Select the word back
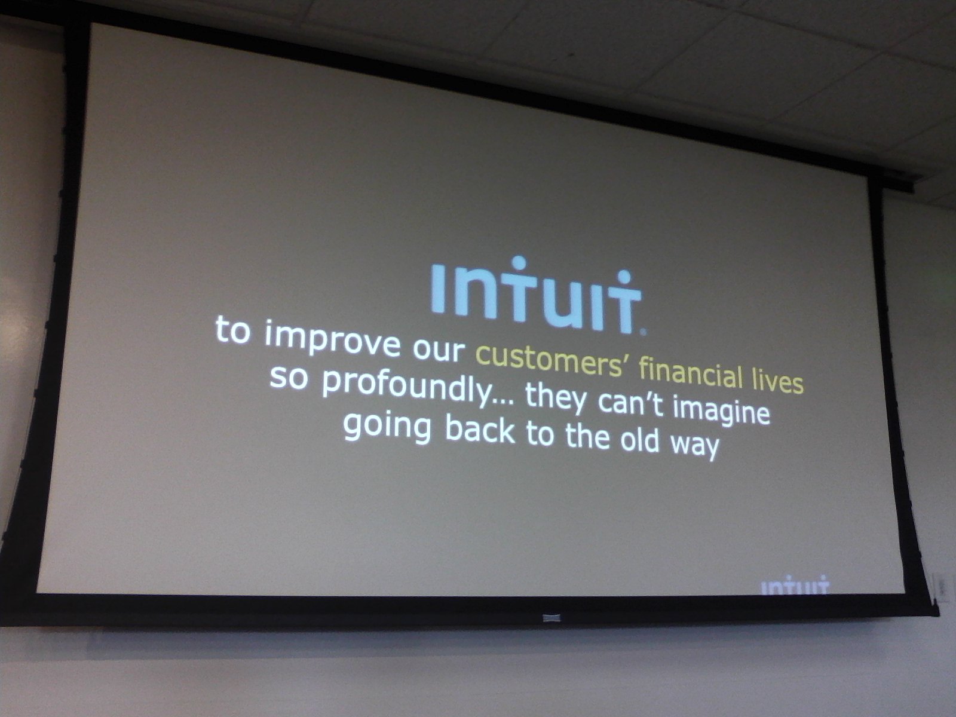(480, 429)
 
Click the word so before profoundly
(289, 378)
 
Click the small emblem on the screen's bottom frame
(551, 618)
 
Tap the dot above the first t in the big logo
(518, 263)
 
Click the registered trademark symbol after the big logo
(643, 332)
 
